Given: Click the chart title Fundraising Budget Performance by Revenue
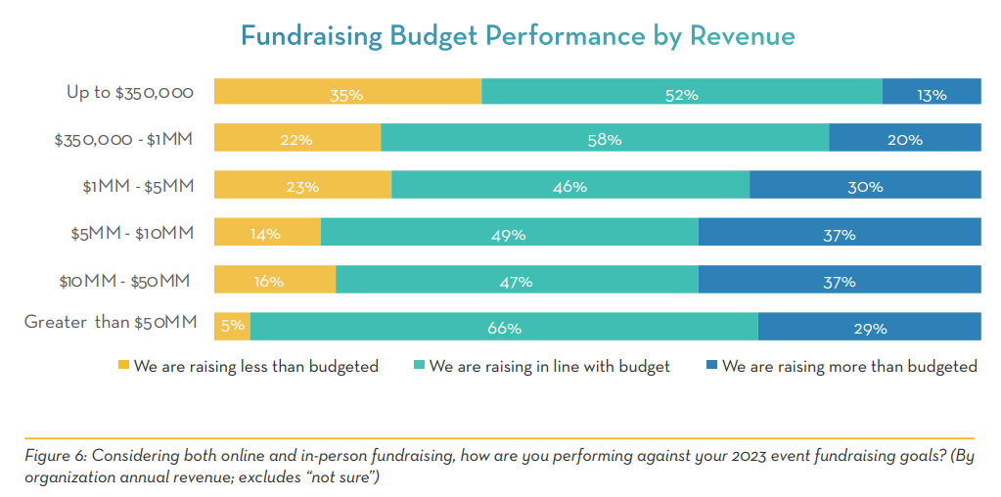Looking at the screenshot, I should tap(518, 37).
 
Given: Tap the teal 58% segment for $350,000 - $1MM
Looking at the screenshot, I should tap(605, 138).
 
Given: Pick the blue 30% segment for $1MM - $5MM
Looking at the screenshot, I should tap(865, 185).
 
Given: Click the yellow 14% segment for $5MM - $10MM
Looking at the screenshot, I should tap(267, 232).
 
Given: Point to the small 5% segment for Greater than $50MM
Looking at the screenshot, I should tap(232, 326).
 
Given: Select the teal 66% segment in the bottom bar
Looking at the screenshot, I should tap(504, 326).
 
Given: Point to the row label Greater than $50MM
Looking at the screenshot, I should tap(111, 321).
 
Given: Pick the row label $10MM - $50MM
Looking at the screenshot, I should tap(123, 279).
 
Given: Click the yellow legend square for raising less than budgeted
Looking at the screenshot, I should tap(123, 366).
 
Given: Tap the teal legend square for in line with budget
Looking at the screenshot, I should tap(419, 366).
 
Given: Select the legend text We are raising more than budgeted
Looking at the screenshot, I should tap(849, 367).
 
